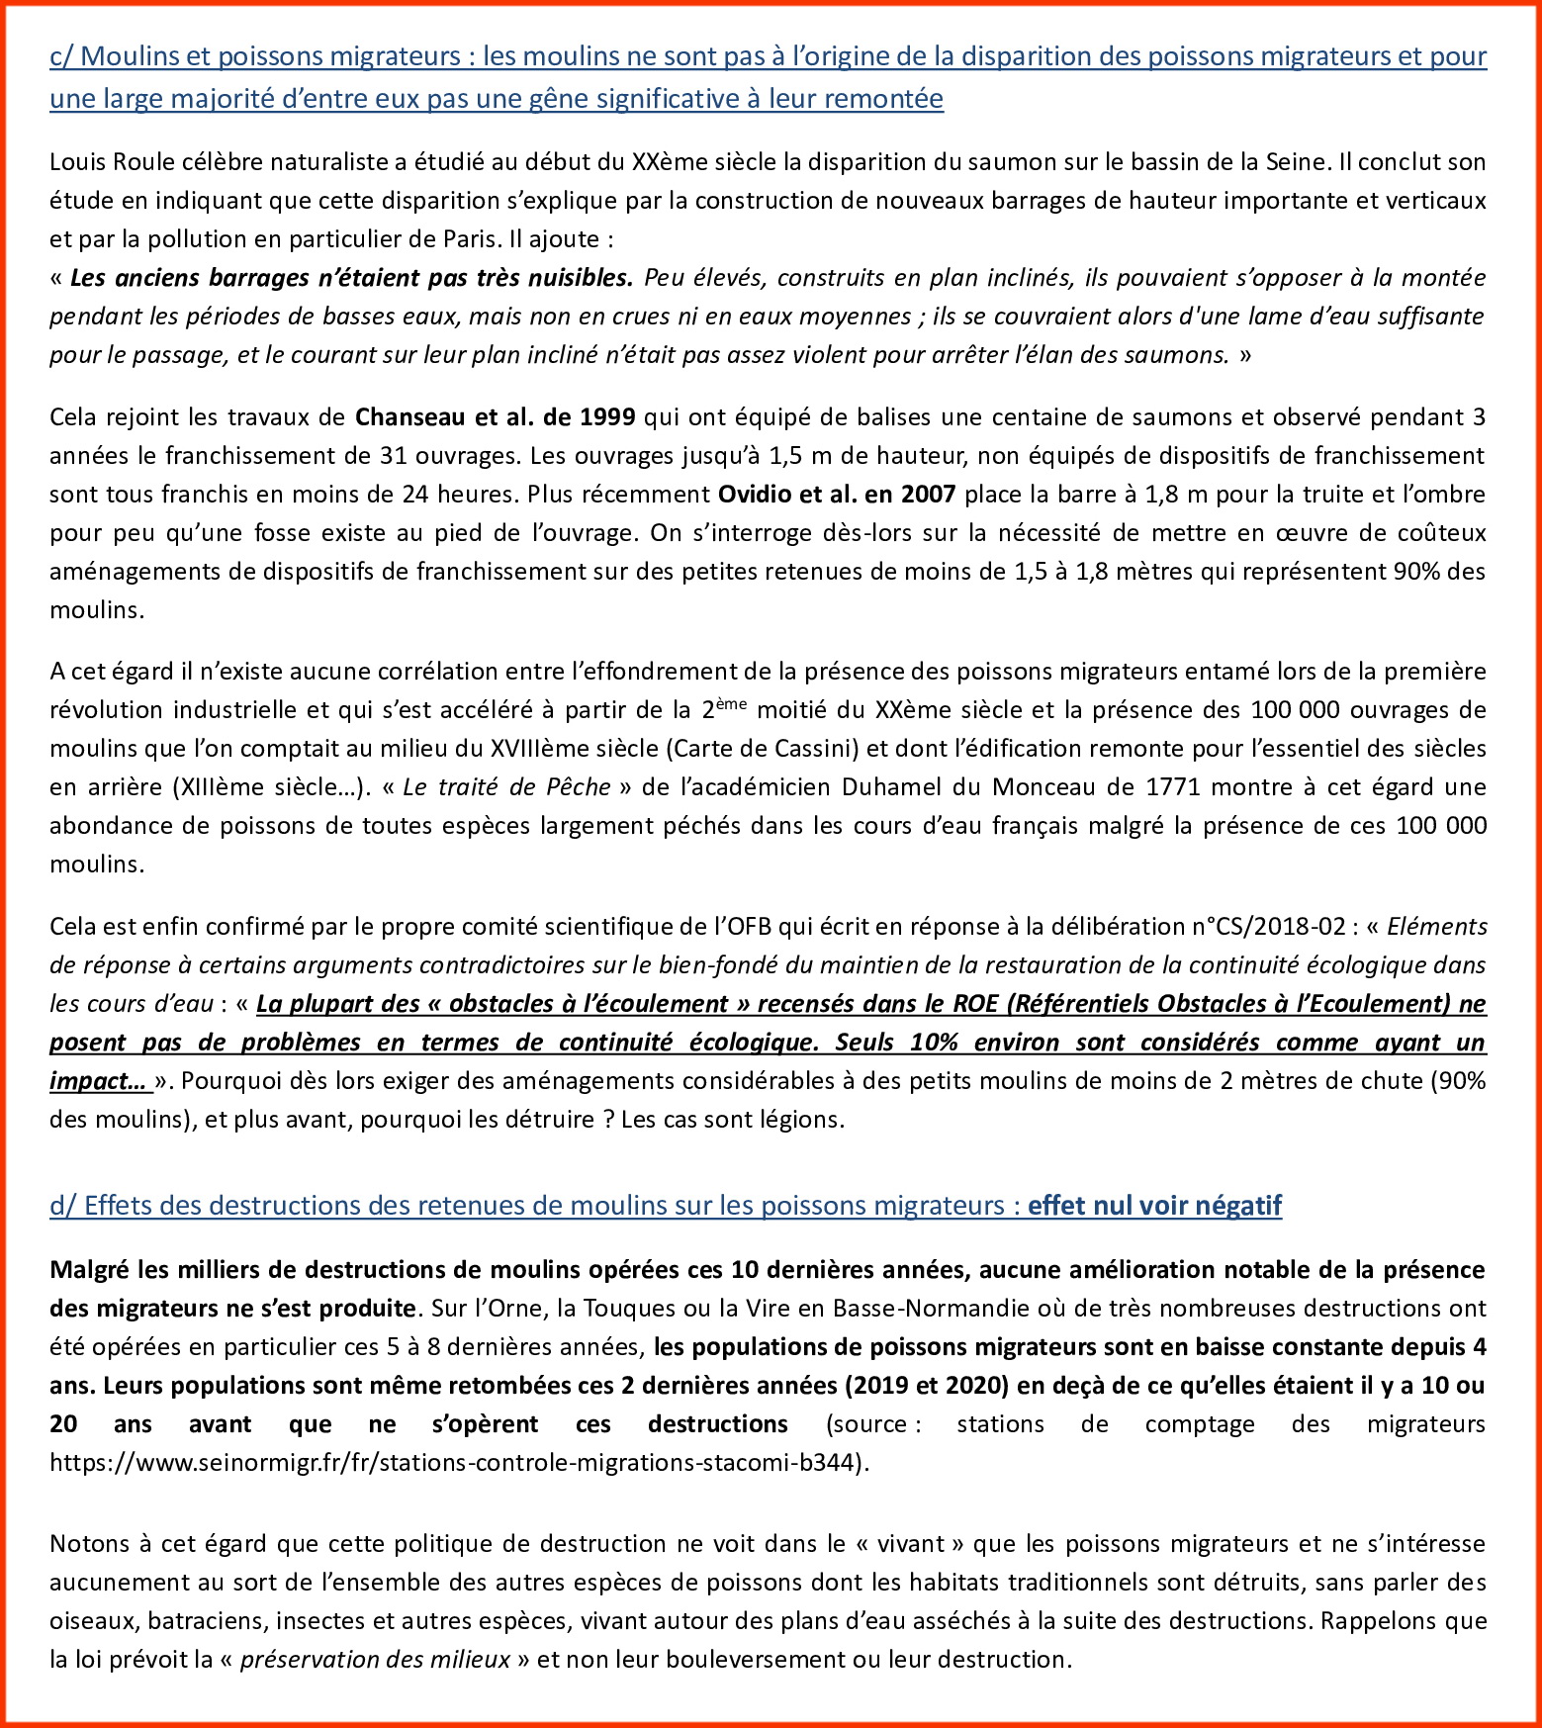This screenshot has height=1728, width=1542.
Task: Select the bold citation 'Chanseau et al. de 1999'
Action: point(495,417)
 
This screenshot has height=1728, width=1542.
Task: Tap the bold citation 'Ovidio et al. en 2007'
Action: point(836,495)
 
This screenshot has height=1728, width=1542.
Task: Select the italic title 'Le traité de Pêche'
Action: point(506,787)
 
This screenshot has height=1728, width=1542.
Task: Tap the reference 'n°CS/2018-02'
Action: point(1269,927)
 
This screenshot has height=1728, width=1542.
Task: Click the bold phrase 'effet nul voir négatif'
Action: point(1154,1206)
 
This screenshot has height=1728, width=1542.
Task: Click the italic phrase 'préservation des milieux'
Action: point(375,1660)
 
